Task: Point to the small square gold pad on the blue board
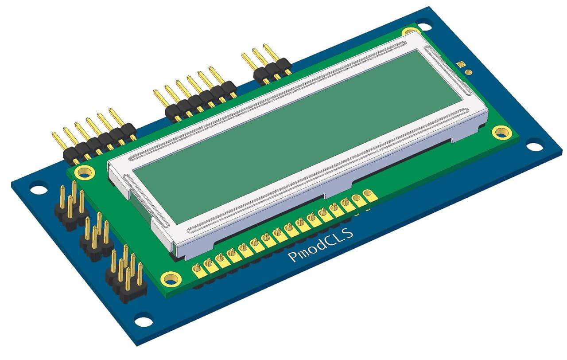pos(462,64)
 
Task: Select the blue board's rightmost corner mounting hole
pos(535,145)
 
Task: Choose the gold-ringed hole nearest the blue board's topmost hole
pos(409,32)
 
